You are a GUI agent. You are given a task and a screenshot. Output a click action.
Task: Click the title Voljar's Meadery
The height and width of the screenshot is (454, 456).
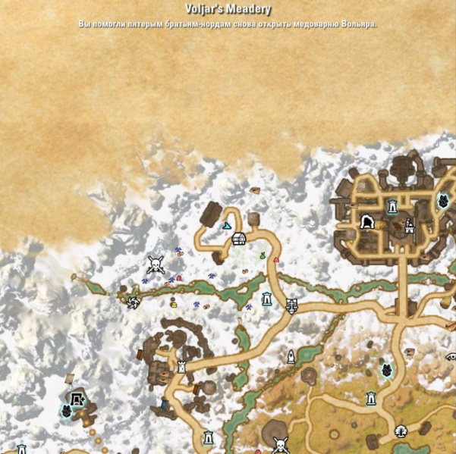pos(228,10)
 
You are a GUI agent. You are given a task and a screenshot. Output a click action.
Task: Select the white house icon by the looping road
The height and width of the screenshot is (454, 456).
pos(239,240)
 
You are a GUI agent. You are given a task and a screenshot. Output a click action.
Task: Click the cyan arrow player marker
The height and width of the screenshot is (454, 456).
pos(226,226)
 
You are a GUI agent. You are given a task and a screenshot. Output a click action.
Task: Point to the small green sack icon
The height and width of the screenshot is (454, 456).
pos(263,256)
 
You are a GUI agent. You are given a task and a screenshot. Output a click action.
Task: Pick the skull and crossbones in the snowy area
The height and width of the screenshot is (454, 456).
pos(156,265)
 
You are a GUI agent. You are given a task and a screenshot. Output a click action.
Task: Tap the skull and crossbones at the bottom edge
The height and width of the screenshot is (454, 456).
pos(279,445)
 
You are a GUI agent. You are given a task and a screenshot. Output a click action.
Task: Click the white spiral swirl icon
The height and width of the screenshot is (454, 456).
pos(134,303)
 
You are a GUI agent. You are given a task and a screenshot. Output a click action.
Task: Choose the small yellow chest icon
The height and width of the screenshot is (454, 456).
pos(173,304)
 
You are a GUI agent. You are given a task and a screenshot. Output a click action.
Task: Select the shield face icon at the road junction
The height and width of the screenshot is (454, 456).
pos(292,306)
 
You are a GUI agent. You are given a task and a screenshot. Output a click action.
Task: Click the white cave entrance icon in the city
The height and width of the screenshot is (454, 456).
pos(367,222)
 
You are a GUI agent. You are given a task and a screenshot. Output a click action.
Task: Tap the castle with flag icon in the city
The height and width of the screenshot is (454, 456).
pos(409,225)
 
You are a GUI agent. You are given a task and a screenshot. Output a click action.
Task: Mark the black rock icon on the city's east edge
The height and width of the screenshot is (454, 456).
pos(444,202)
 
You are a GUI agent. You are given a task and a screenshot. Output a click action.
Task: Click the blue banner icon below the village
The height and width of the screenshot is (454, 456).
pos(164,404)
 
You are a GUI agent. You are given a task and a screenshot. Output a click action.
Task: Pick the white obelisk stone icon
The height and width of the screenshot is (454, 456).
pos(291,356)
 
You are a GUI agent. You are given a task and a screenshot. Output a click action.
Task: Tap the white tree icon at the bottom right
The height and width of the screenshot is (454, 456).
pos(400,431)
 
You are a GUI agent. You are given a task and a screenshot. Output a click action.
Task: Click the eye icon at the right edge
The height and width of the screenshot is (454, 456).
pos(449,356)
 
